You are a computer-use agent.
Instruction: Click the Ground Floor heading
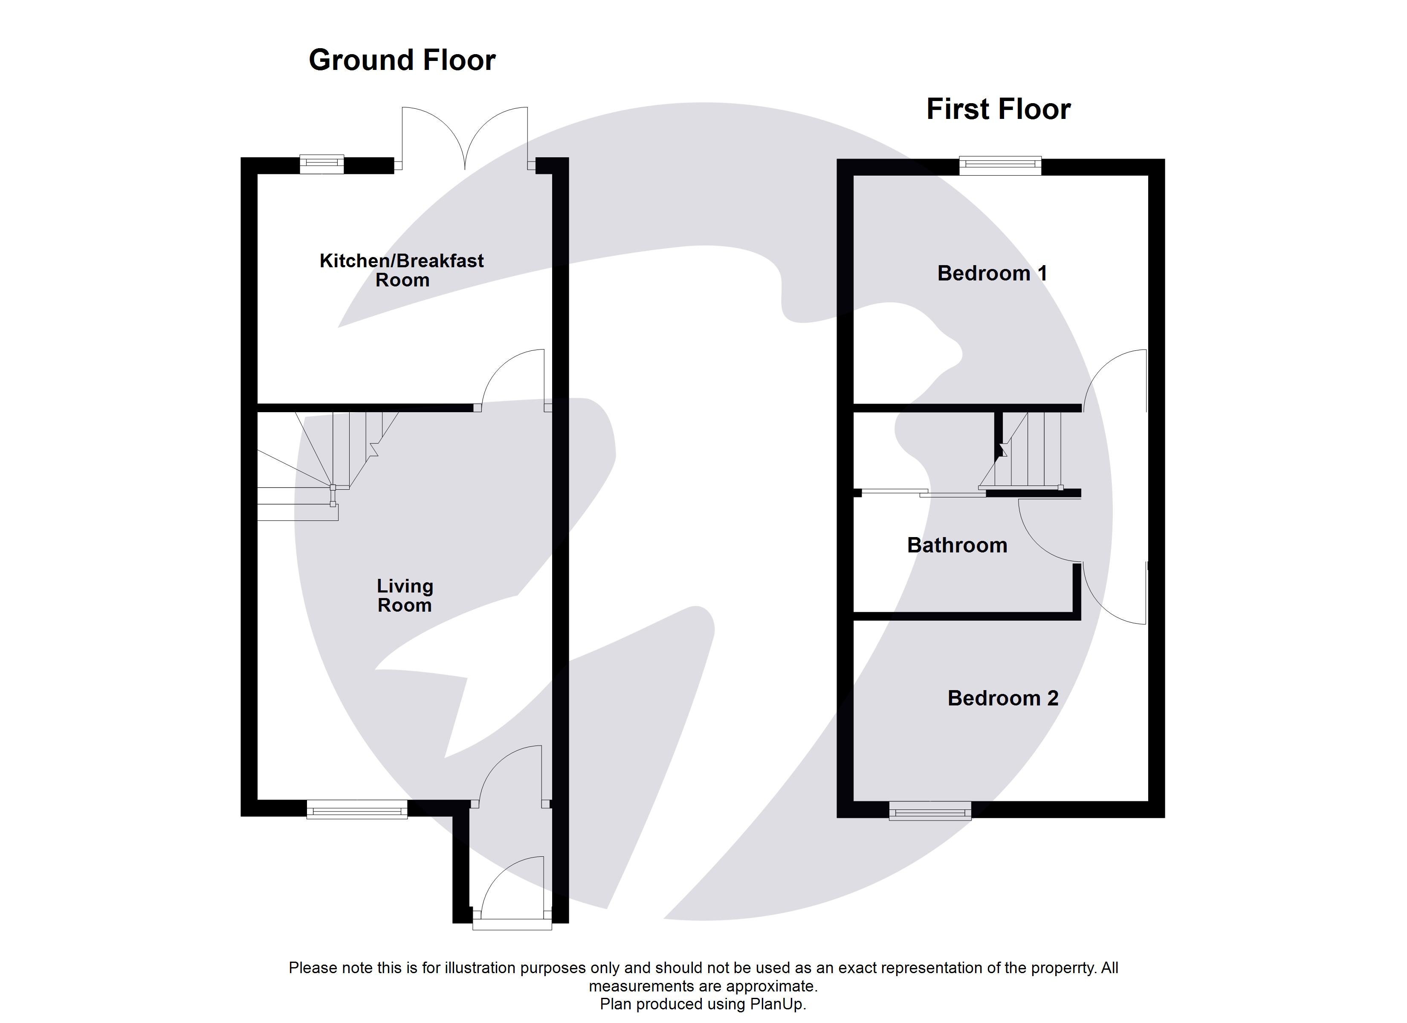402,60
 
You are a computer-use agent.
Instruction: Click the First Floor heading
998,109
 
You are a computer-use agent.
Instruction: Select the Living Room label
405,595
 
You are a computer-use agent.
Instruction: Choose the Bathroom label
957,545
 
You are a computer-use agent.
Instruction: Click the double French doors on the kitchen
465,139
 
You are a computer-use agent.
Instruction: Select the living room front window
357,809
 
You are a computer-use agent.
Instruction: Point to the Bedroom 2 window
930,810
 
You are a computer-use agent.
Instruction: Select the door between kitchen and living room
512,379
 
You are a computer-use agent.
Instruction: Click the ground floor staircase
329,459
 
